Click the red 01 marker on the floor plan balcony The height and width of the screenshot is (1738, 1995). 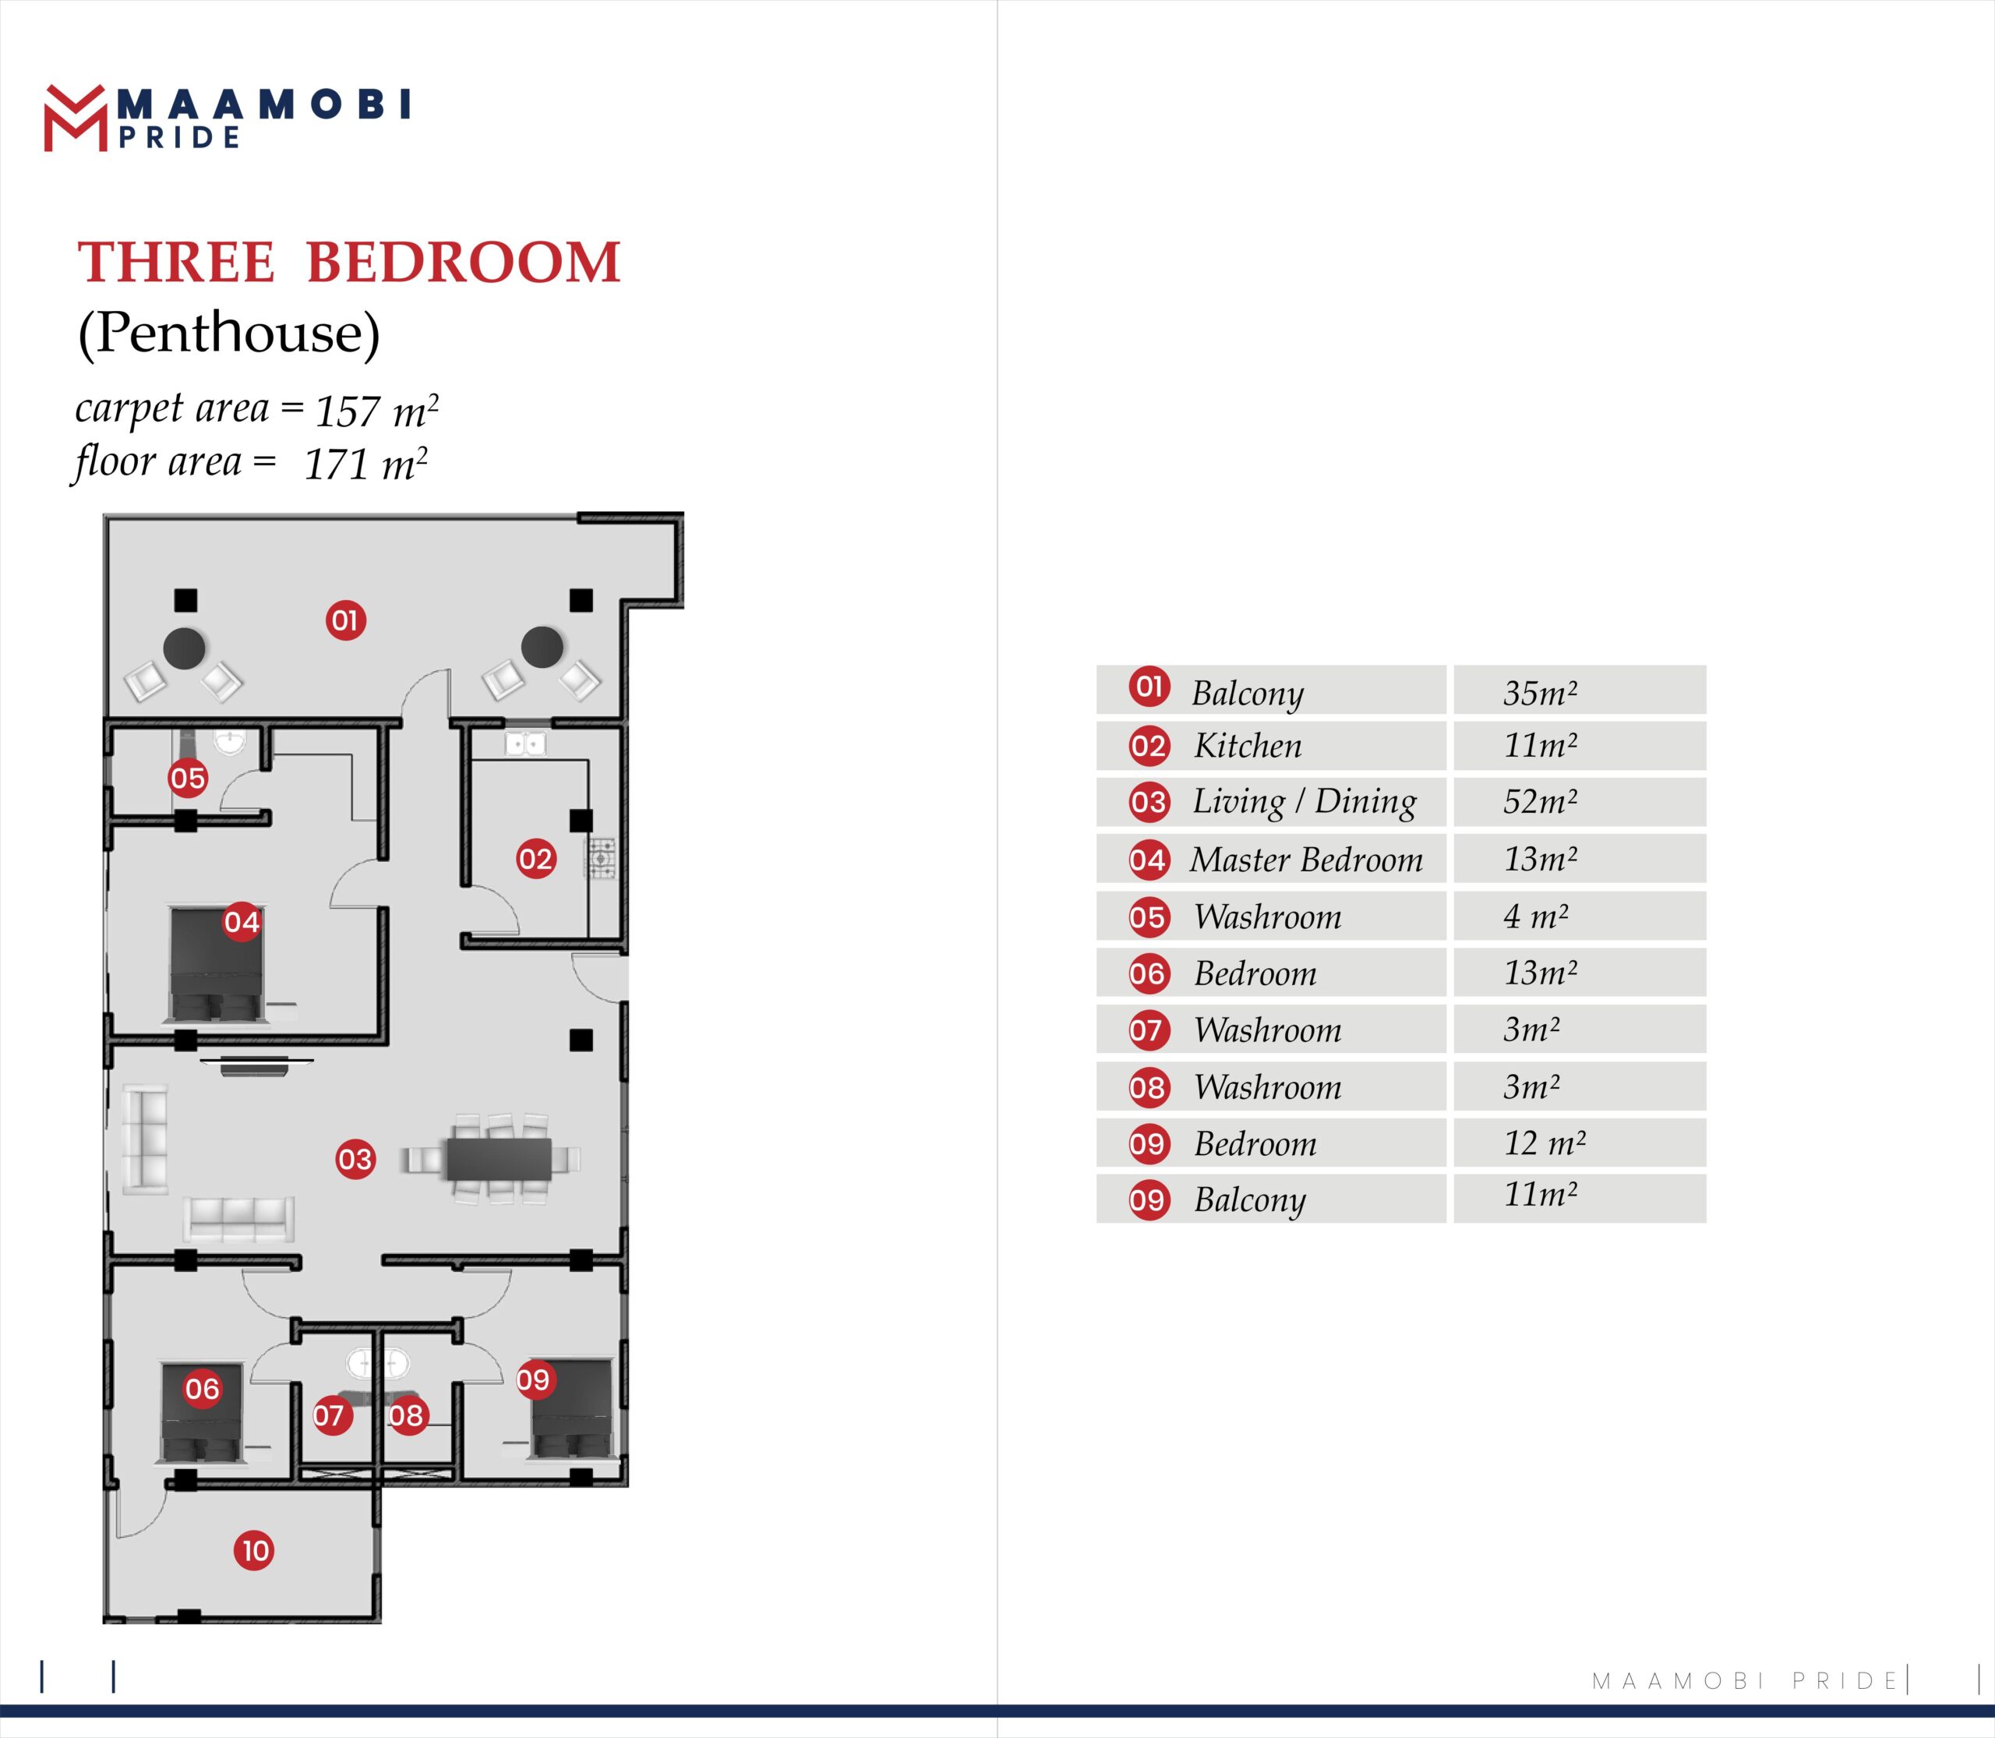click(345, 620)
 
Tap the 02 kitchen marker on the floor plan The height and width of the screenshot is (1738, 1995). click(535, 858)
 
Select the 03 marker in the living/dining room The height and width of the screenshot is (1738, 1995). click(355, 1159)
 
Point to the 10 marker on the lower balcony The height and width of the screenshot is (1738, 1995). click(254, 1551)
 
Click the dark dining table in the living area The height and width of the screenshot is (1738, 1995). click(499, 1159)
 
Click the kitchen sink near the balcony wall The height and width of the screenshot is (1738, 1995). click(524, 744)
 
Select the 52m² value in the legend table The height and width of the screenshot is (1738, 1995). click(1540, 802)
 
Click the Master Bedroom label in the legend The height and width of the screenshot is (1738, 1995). click(1305, 860)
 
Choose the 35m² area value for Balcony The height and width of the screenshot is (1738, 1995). click(1540, 694)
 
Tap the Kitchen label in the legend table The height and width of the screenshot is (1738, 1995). click(1247, 746)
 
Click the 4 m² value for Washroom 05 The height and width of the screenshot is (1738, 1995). click(1535, 917)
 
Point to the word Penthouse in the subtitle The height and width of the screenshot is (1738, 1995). click(229, 333)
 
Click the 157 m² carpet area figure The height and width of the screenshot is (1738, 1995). click(376, 412)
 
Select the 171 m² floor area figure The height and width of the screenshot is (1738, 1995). click(365, 465)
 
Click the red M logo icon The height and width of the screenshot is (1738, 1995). click(75, 119)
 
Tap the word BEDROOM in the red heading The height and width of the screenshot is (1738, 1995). click(463, 263)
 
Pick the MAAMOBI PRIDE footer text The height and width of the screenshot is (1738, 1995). click(1745, 1681)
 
